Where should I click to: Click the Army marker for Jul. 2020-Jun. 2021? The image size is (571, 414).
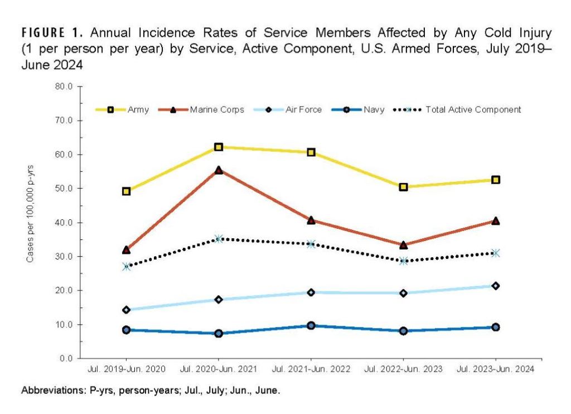point(219,147)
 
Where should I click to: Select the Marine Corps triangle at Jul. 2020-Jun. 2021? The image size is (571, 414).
point(219,170)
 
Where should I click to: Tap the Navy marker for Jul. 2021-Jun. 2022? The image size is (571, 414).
point(311,325)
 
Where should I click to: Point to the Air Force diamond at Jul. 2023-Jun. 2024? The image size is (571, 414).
point(495,286)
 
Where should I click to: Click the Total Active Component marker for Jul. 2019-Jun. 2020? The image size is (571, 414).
point(127,267)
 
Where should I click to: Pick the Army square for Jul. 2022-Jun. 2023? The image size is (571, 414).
point(403,187)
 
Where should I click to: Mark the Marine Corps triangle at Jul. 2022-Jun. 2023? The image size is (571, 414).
point(403,245)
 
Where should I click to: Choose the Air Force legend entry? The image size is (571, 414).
point(303,110)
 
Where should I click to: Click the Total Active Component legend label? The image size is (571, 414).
point(473,110)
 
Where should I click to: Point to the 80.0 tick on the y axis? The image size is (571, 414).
point(65,86)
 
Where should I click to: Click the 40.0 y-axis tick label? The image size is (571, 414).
point(65,223)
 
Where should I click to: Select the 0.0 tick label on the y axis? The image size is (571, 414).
point(67,358)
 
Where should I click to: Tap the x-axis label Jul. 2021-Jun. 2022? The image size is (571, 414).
point(311,370)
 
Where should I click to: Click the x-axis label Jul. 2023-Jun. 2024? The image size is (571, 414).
point(495,370)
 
